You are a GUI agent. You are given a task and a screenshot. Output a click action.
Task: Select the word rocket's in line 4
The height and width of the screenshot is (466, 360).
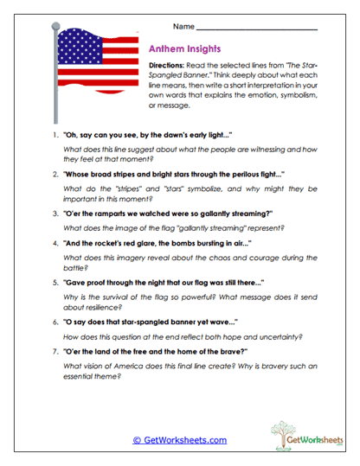118,247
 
